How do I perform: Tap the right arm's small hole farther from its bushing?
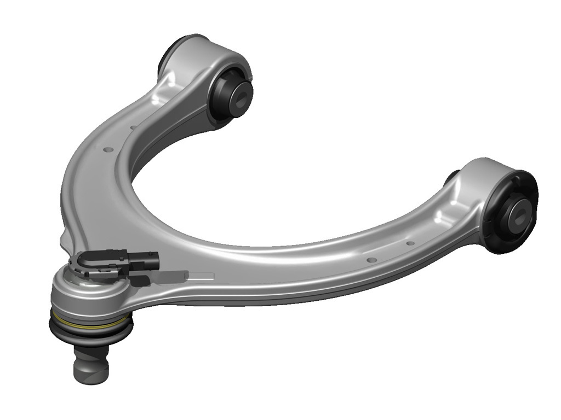pos(370,260)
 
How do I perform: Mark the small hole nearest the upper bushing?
pos(133,127)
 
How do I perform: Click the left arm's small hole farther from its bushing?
pos(108,149)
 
